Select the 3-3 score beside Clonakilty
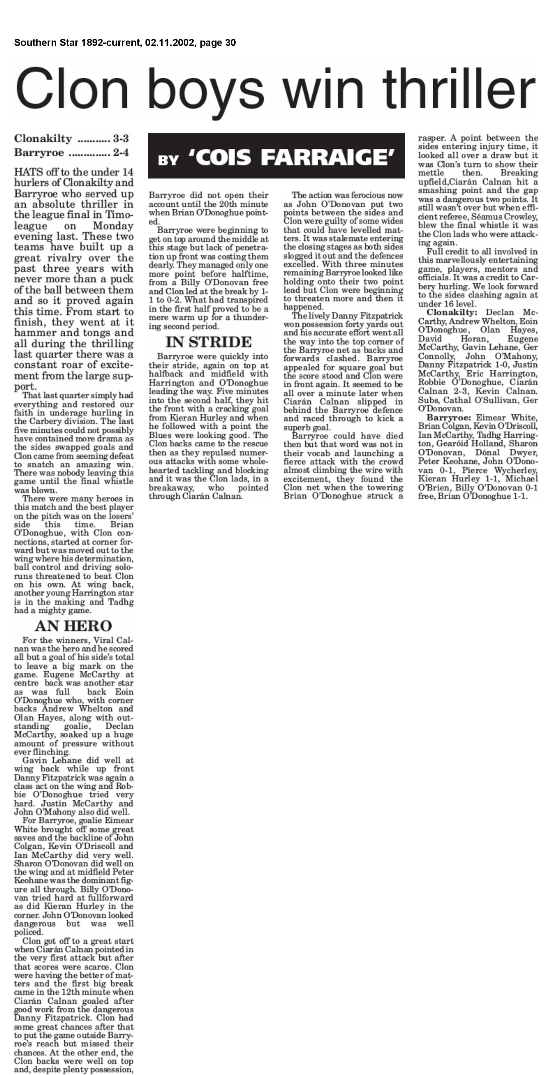(x=121, y=139)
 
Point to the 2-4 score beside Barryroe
(x=121, y=153)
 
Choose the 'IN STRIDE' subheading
(x=208, y=342)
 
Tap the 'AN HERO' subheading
(x=73, y=626)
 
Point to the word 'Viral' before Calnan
(x=104, y=640)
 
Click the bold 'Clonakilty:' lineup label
(x=451, y=312)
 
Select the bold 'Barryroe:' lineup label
(x=448, y=418)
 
